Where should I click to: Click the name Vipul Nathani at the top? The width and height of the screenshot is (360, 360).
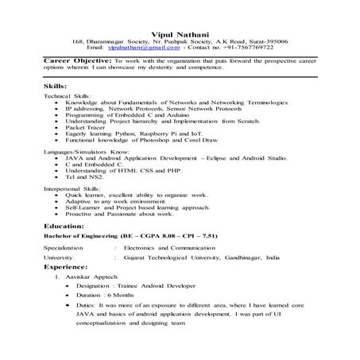(180, 31)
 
